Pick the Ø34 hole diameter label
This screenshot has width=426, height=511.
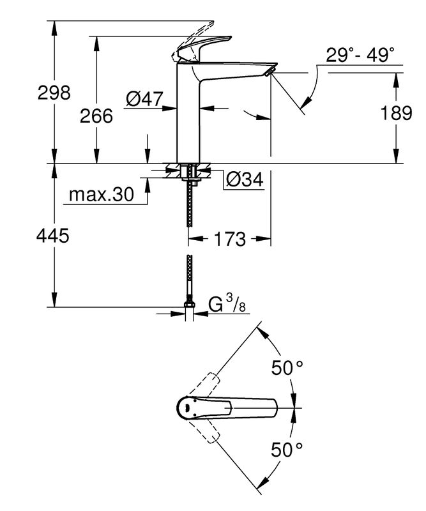pyautogui.click(x=244, y=181)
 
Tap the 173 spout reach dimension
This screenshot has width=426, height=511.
pyautogui.click(x=229, y=240)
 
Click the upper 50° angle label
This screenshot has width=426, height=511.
pyautogui.click(x=288, y=368)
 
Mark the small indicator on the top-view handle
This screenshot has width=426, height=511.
pyautogui.click(x=187, y=407)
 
